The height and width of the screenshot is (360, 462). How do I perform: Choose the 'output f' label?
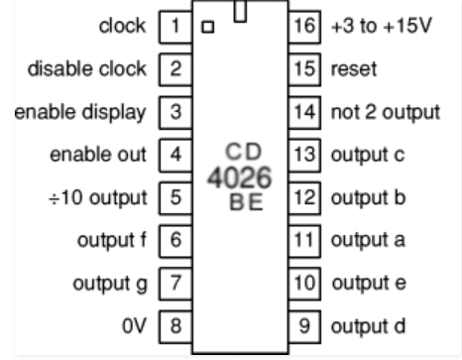coord(112,240)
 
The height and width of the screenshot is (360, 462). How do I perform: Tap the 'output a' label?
coord(365,240)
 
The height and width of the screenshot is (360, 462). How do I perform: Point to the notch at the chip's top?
coord(240,10)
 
